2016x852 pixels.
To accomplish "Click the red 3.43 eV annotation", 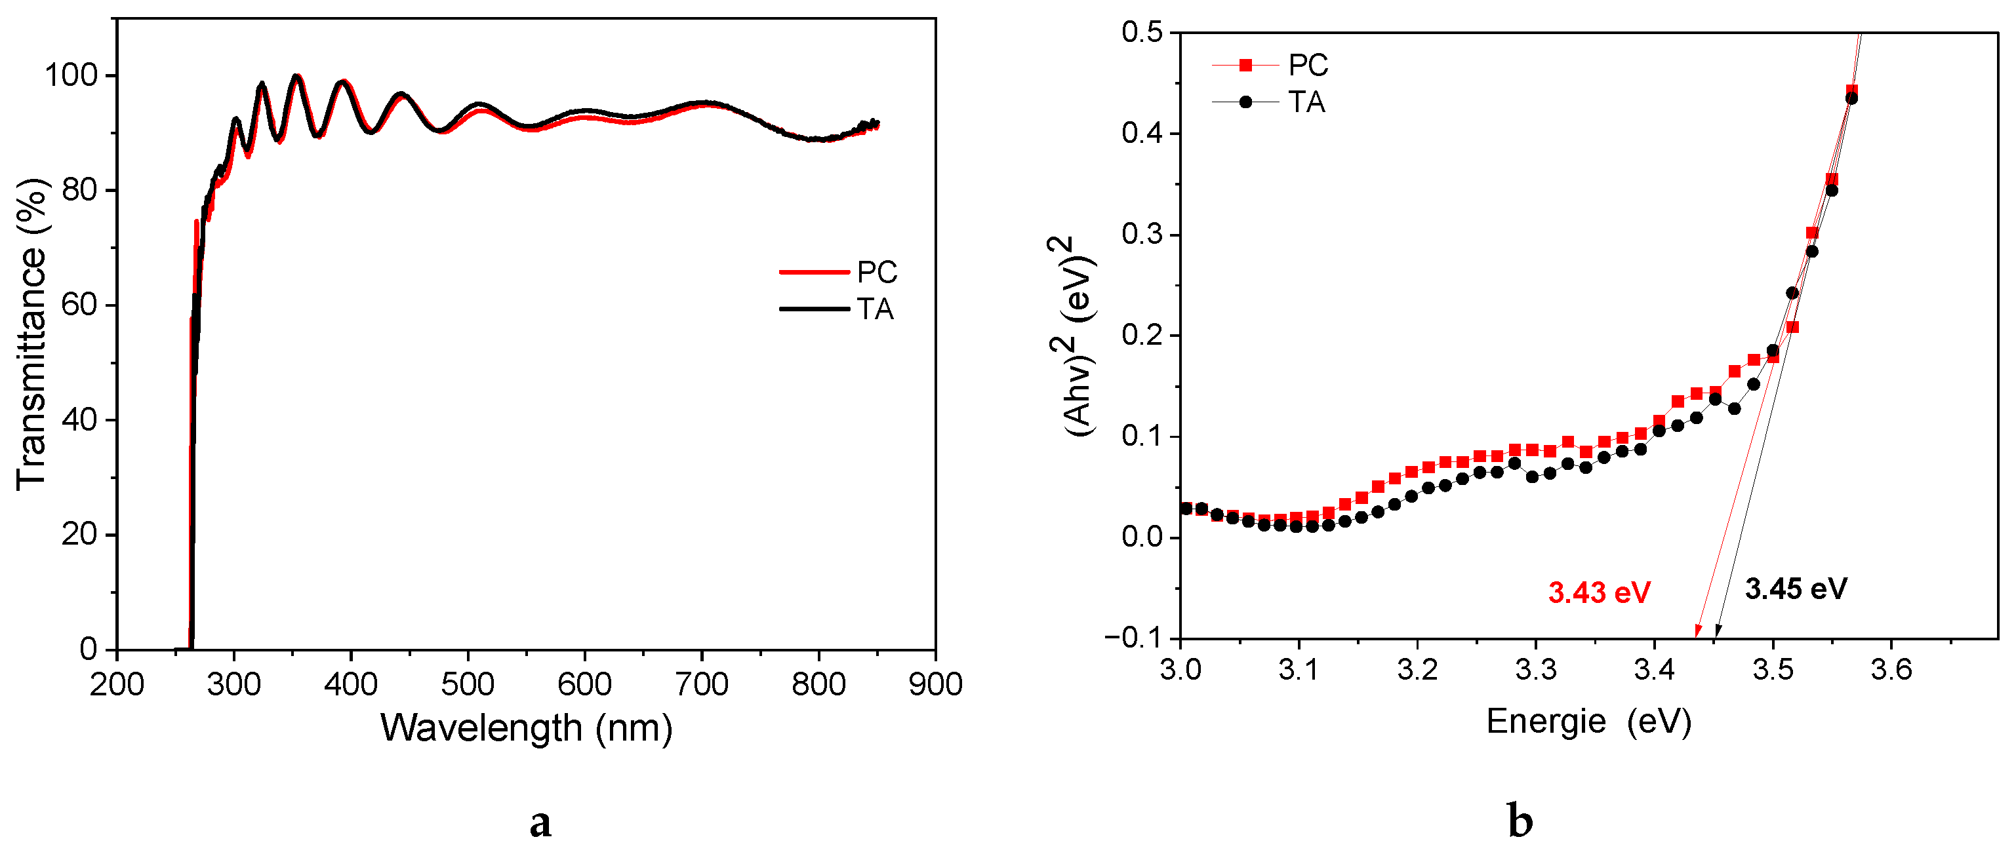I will [1599, 592].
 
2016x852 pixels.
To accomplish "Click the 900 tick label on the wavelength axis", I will [935, 684].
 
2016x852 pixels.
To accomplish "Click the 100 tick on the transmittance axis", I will [70, 75].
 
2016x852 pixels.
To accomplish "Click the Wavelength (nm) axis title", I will [526, 727].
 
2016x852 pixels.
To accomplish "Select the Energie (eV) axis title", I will [1588, 720].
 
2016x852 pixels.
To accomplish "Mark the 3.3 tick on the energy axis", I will [1535, 670].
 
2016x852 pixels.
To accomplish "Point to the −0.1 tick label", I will [1135, 638].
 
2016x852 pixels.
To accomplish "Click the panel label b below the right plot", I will [1520, 821].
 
